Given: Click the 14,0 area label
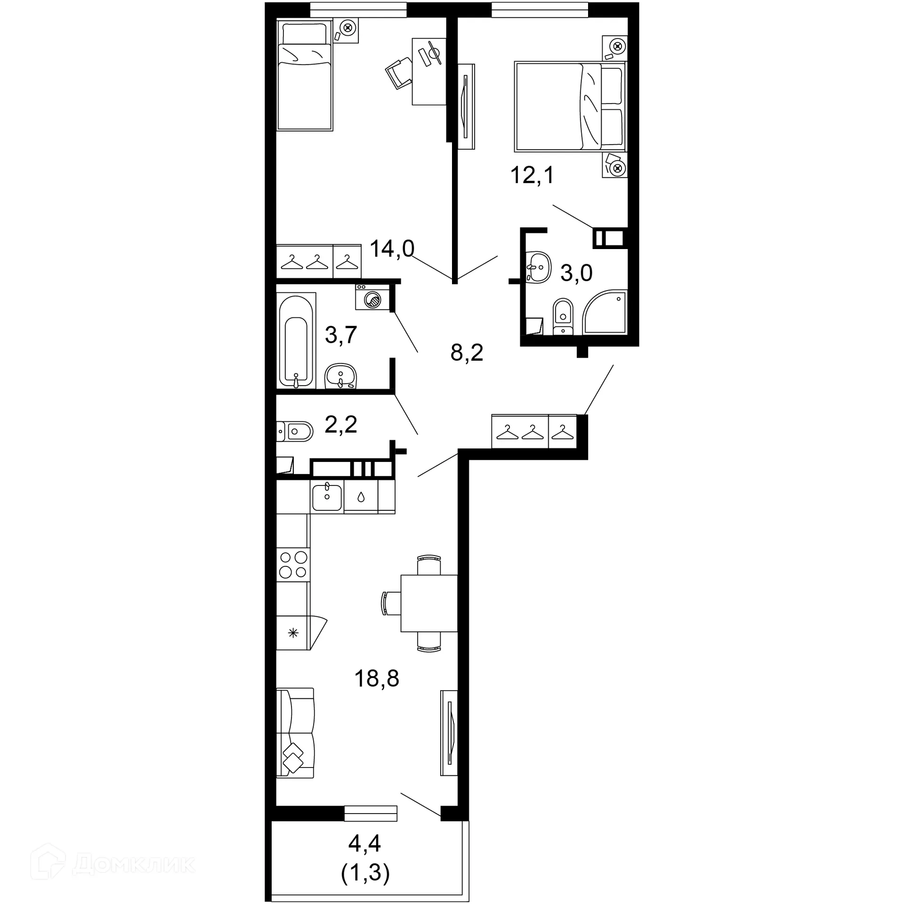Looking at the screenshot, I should pyautogui.click(x=392, y=249).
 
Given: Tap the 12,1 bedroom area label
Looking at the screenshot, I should pyautogui.click(x=532, y=175).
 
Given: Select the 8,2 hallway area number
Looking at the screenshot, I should pyautogui.click(x=467, y=352).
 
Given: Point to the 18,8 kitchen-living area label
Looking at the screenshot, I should pyautogui.click(x=376, y=678).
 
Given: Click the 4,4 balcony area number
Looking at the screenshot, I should pyautogui.click(x=364, y=843).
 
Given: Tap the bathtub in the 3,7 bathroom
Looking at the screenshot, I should pyautogui.click(x=296, y=340).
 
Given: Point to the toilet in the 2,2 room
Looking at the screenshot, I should pyautogui.click(x=296, y=431).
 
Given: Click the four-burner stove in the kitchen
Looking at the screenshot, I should pyautogui.click(x=293, y=565).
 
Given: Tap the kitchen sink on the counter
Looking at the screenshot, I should pyautogui.click(x=327, y=497).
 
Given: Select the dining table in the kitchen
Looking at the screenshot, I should pyautogui.click(x=429, y=603).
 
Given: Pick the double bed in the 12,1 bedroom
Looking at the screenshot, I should pyautogui.click(x=570, y=106).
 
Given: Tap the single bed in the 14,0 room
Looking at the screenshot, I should pyautogui.click(x=305, y=75).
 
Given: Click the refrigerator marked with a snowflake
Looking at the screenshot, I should pyautogui.click(x=293, y=633).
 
